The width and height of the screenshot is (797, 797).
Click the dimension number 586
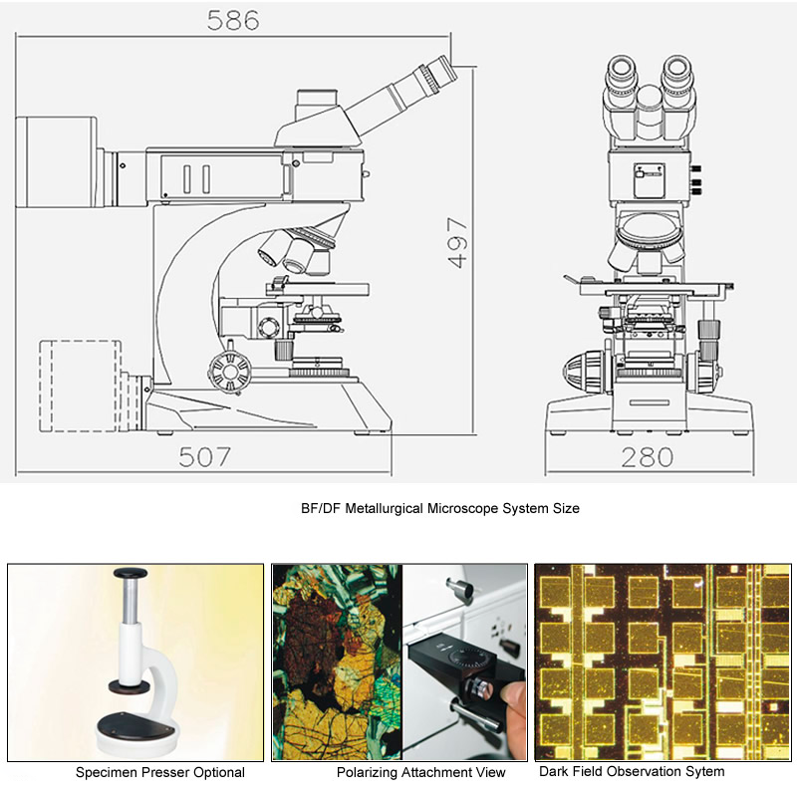click(233, 20)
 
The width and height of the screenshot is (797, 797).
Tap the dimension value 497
click(457, 242)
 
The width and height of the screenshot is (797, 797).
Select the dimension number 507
click(204, 457)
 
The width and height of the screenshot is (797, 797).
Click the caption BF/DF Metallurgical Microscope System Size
click(439, 508)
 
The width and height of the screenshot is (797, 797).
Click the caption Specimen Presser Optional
click(160, 772)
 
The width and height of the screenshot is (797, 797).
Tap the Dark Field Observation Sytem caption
click(632, 771)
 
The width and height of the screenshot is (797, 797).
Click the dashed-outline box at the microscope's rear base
click(80, 386)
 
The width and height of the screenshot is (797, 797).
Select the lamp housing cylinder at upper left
click(58, 160)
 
